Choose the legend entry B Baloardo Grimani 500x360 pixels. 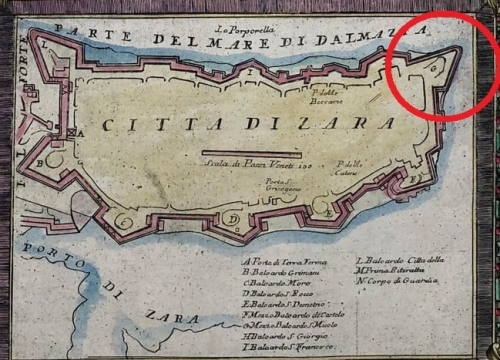click(284, 271)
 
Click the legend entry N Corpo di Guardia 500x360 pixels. click(395, 281)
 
